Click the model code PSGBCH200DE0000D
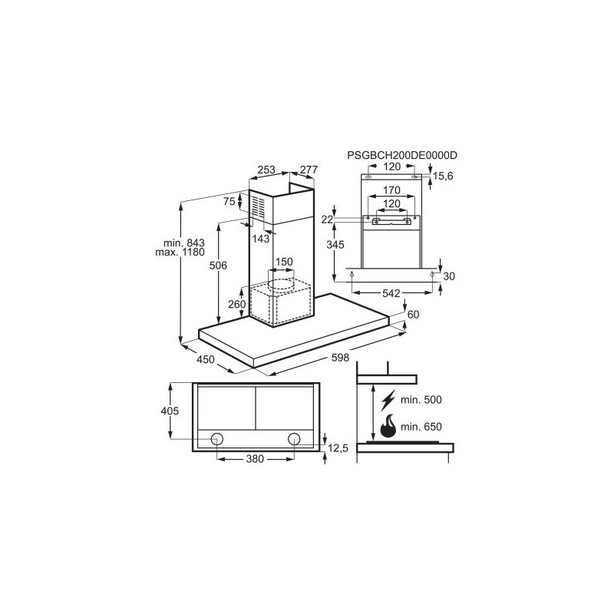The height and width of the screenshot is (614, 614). pos(401,156)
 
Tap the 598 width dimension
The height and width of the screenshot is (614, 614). pos(340,358)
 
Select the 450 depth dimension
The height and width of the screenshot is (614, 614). pos(205,359)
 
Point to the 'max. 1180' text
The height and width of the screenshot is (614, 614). pos(180,253)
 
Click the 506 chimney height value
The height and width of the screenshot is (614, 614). pos(218,266)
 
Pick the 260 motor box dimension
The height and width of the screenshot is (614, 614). pos(236,304)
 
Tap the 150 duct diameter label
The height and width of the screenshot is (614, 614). pos(284,262)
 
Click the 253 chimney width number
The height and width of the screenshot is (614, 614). pos(266,170)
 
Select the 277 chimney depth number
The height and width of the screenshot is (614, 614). pos(309,170)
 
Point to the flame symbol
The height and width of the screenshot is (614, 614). pos(388,426)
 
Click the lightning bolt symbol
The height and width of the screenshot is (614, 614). pos(388,400)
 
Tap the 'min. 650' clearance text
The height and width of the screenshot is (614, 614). pos(421,427)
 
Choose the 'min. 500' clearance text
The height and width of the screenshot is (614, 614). pos(421,400)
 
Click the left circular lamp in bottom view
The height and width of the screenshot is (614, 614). pos(217,439)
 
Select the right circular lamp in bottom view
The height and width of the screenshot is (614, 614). pos(294,439)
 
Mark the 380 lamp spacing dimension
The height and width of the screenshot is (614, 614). pos(255,458)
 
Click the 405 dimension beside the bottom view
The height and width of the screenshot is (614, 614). pos(170,411)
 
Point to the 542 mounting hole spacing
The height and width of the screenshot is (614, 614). pos(391,293)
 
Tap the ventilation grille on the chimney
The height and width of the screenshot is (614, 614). pos(258,206)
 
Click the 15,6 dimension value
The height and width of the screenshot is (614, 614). pos(443,177)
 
